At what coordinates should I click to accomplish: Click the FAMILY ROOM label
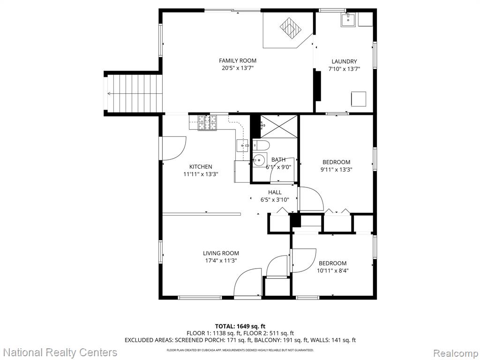238,60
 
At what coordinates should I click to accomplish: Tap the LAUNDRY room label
344,61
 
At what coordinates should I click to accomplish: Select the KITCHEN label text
201,167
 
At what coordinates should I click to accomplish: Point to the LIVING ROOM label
221,253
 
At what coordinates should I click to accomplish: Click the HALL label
275,192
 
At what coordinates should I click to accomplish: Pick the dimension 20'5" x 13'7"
238,68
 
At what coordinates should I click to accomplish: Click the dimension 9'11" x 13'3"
336,170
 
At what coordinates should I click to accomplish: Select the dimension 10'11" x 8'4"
332,270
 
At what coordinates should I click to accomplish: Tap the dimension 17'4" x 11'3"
221,261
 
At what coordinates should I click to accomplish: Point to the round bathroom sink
259,159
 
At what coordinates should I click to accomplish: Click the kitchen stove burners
207,123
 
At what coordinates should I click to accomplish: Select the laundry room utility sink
348,20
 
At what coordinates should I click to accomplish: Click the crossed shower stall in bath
279,127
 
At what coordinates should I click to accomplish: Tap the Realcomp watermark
456,353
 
